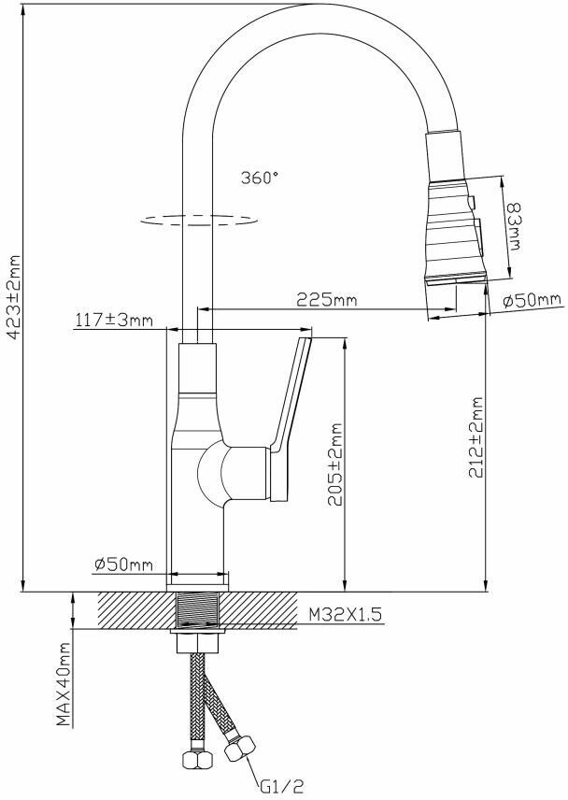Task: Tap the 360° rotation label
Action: click(x=260, y=178)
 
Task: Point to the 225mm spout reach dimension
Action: click(x=327, y=299)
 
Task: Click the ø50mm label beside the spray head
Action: click(x=532, y=301)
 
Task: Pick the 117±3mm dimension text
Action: click(x=114, y=321)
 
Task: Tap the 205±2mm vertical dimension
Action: click(x=335, y=464)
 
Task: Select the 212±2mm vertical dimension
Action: click(x=476, y=437)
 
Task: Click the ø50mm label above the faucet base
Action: click(x=124, y=564)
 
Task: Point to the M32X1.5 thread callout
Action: click(x=345, y=615)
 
